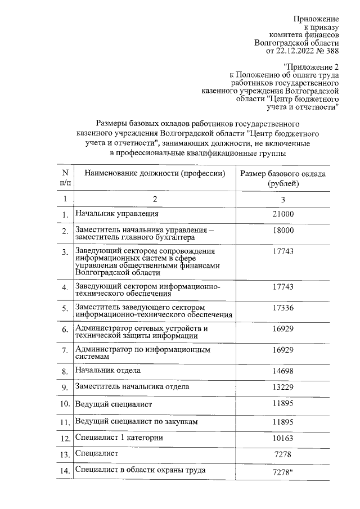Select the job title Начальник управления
pos(117,214)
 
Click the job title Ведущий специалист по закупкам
pos(136,421)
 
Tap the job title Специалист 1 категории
pos(119,438)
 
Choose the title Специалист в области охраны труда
pos(140,470)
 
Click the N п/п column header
pos(65,178)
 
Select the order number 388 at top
pos(332,51)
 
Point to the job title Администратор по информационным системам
pos(143,353)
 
